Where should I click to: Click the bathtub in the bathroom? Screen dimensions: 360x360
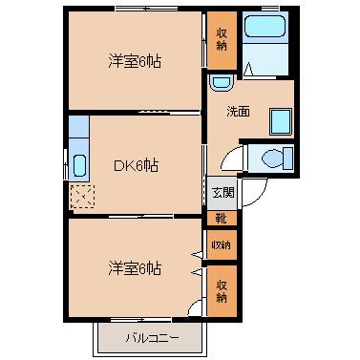click(x=265, y=25)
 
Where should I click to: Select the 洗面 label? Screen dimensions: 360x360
click(x=238, y=112)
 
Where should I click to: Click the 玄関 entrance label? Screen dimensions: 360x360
click(x=222, y=193)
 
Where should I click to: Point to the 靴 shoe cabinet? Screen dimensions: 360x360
click(x=222, y=219)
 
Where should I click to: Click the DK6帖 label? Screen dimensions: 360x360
click(x=136, y=165)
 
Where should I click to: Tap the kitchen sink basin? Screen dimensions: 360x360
click(x=79, y=165)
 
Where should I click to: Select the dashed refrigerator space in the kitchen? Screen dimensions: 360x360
click(x=82, y=196)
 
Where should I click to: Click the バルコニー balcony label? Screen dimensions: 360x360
click(x=152, y=338)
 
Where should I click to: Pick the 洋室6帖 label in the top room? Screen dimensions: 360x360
click(x=135, y=61)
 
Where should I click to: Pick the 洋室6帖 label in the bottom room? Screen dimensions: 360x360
click(x=135, y=268)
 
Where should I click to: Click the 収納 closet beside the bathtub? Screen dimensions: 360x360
click(x=222, y=40)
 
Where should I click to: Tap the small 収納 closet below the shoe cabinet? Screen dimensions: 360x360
click(x=222, y=244)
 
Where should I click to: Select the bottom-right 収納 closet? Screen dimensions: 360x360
click(x=222, y=290)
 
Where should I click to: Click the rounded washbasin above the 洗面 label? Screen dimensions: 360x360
click(x=222, y=83)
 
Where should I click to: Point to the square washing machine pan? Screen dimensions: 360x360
click(x=281, y=121)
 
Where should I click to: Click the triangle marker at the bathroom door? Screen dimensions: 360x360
click(x=248, y=70)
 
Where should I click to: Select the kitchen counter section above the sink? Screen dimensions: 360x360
click(x=78, y=127)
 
